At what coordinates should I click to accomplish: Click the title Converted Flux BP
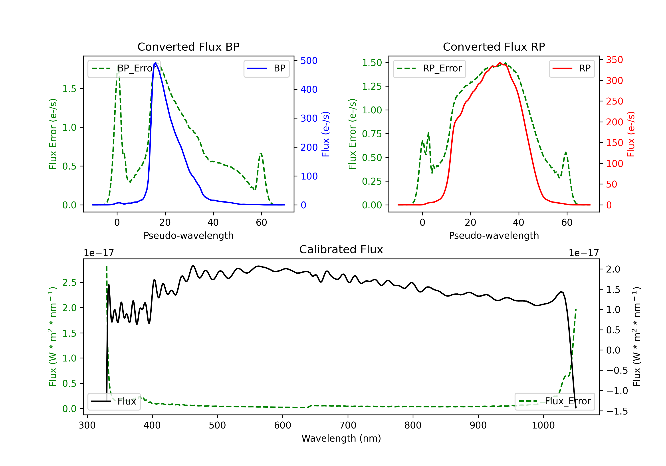pyautogui.click(x=188, y=47)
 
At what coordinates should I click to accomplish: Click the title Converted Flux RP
pyautogui.click(x=494, y=47)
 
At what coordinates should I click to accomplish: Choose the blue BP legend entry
pyautogui.click(x=266, y=68)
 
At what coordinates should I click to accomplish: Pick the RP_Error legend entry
pyautogui.click(x=429, y=68)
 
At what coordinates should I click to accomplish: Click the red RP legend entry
pyautogui.click(x=572, y=68)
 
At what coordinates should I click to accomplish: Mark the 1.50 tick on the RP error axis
pyautogui.click(x=372, y=63)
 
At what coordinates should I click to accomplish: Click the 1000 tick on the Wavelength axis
pyautogui.click(x=543, y=425)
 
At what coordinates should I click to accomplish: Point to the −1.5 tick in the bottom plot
pyautogui.click(x=617, y=411)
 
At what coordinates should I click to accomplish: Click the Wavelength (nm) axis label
pyautogui.click(x=341, y=438)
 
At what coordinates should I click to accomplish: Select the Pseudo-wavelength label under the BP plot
pyautogui.click(x=188, y=235)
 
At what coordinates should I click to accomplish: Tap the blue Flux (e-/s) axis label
pyautogui.click(x=325, y=134)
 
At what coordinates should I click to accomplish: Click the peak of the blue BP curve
pyautogui.click(x=155, y=63)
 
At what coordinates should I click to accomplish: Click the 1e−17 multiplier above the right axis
pyautogui.click(x=584, y=253)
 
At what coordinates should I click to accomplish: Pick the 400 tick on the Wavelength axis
pyautogui.click(x=152, y=425)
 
